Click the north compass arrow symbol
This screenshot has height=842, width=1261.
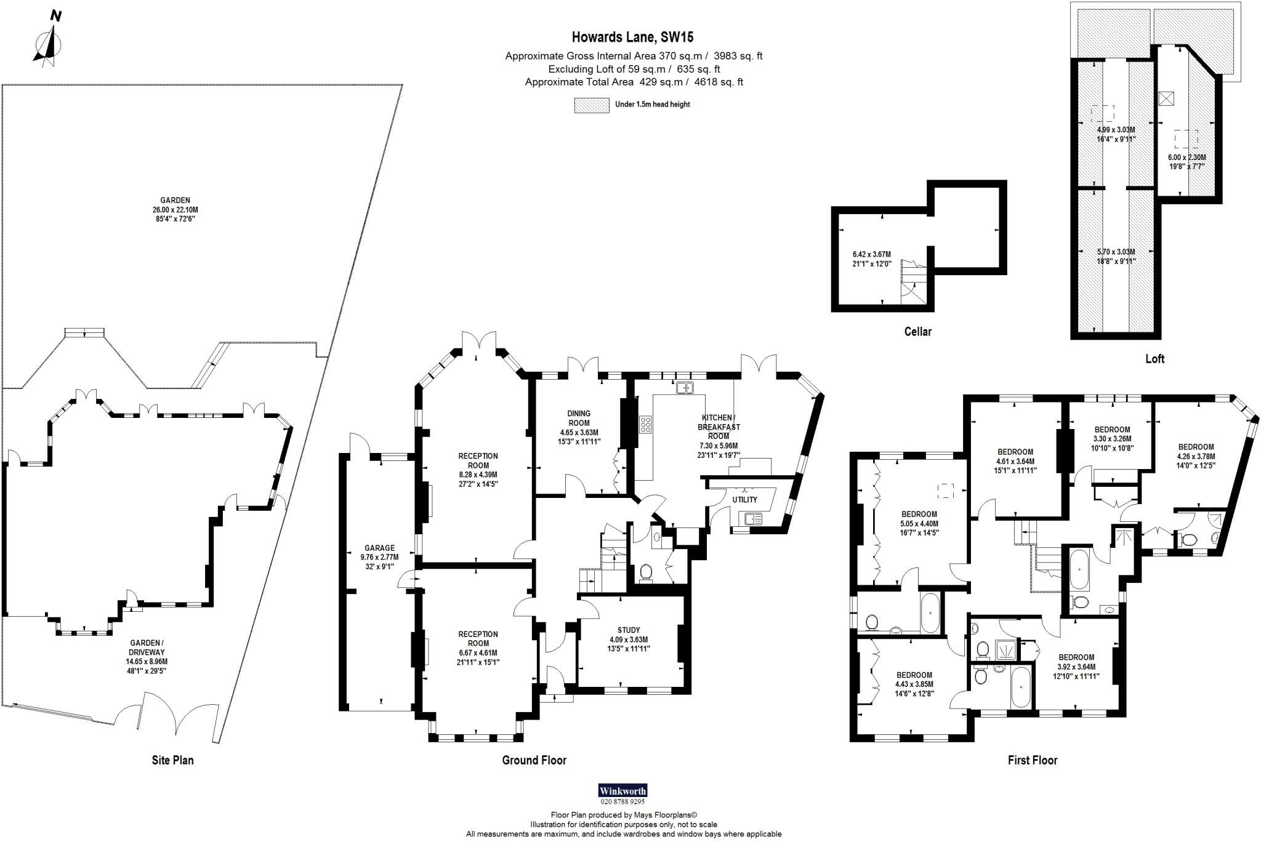49,44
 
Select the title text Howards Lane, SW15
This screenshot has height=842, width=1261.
633,38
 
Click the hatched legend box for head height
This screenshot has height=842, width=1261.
590,105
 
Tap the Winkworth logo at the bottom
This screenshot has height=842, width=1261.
622,791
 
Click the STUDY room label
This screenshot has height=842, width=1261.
629,630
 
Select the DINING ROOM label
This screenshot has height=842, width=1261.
579,418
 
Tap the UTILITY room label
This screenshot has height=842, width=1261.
744,500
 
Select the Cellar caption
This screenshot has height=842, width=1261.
917,332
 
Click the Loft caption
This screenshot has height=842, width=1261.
1154,359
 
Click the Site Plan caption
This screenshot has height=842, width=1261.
172,760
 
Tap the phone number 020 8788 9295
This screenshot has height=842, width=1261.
622,802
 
